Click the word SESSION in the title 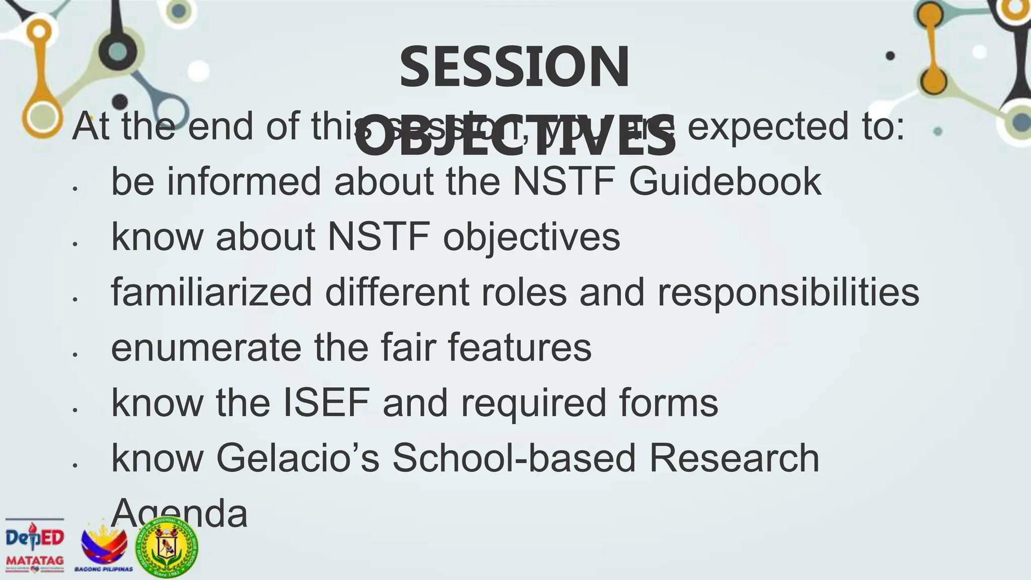coord(514,67)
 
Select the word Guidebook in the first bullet coord(725,181)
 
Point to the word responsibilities coord(788,293)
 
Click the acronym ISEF coord(326,403)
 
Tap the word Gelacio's coord(298,458)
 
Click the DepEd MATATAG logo coord(35,546)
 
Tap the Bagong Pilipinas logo coord(104,549)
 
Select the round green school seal coord(168,547)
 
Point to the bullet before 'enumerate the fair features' coord(75,355)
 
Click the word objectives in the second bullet coord(531,238)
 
